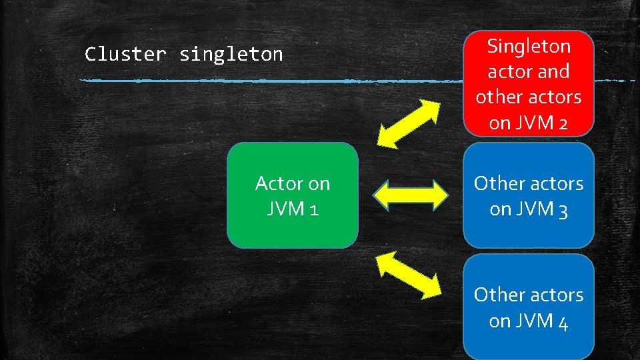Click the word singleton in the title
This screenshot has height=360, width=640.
coord(231,54)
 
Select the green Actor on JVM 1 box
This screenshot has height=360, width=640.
coord(292,195)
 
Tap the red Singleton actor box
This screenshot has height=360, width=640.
coord(528,83)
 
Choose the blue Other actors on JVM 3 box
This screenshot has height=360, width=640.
coord(528,195)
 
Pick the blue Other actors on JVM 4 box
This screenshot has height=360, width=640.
coord(528,307)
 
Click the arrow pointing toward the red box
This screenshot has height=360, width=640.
coord(409,123)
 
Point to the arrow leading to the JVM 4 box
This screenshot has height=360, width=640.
coord(409,273)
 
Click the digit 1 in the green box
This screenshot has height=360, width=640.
coord(313,210)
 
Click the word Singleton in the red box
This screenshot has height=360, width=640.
coord(529,46)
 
